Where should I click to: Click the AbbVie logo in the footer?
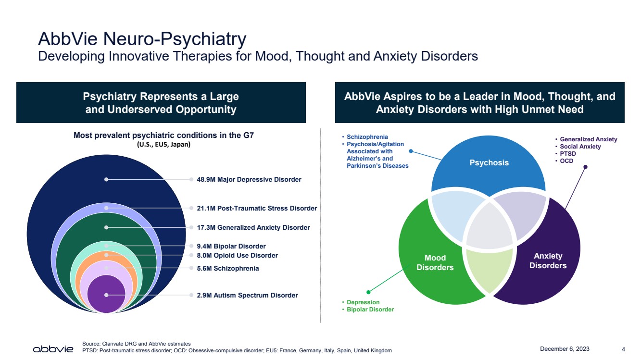point(53,348)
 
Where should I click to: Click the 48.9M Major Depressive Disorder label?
point(249,180)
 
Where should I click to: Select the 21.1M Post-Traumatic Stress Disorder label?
point(257,208)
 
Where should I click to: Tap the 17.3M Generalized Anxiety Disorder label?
point(253,227)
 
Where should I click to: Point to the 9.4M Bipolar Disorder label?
point(231,247)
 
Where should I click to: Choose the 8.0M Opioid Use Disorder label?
point(238,256)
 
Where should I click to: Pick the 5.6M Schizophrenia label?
point(228,268)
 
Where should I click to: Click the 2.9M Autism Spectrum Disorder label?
point(247,295)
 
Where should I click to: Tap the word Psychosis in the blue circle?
point(489,162)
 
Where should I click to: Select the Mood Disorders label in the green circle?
point(435,262)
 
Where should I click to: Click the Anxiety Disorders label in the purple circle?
point(548,261)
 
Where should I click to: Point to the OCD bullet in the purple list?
point(566,161)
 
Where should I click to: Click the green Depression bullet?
point(363,302)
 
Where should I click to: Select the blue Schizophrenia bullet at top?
point(367,137)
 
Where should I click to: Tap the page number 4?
point(623,349)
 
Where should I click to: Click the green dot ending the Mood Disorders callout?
point(368,291)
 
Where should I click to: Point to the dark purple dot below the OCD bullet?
point(585,167)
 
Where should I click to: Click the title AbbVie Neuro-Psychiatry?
point(142,38)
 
